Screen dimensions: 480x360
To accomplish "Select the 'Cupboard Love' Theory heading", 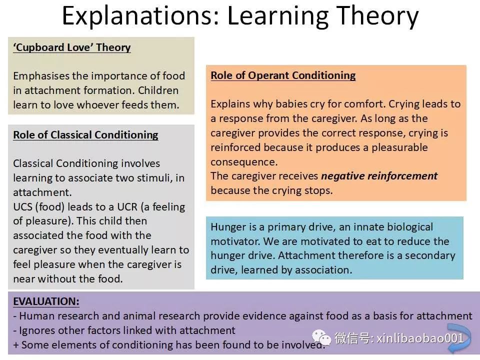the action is (72, 47).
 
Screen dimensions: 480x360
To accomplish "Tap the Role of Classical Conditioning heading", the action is (85, 135).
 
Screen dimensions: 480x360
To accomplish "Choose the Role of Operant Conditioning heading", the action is (283, 75).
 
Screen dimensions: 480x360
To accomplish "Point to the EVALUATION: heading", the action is (46, 301).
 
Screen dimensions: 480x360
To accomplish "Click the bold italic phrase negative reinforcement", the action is (379, 176).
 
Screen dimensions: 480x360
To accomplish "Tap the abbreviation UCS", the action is (22, 207).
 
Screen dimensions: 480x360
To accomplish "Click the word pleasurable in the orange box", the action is (399, 147).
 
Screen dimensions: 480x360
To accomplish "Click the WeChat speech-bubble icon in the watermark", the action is (321, 337).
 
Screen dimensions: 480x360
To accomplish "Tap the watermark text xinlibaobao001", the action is (420, 338).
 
